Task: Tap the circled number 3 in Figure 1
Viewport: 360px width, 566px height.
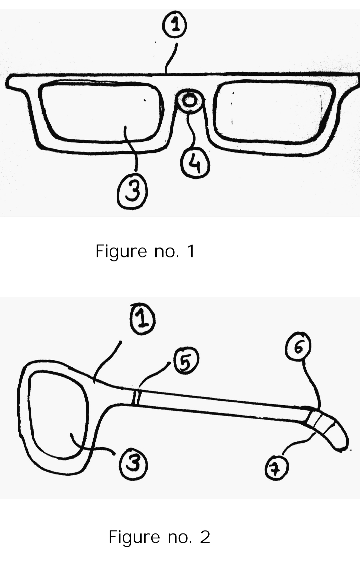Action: click(132, 193)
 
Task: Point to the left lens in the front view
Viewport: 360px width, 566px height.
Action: click(100, 112)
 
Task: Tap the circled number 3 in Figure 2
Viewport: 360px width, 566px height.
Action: click(133, 464)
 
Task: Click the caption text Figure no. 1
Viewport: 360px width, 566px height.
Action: click(145, 251)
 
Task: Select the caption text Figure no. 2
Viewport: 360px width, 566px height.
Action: click(159, 537)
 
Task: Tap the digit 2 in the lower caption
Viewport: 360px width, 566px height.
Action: click(205, 537)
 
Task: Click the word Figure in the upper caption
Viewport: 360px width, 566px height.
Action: click(121, 251)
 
